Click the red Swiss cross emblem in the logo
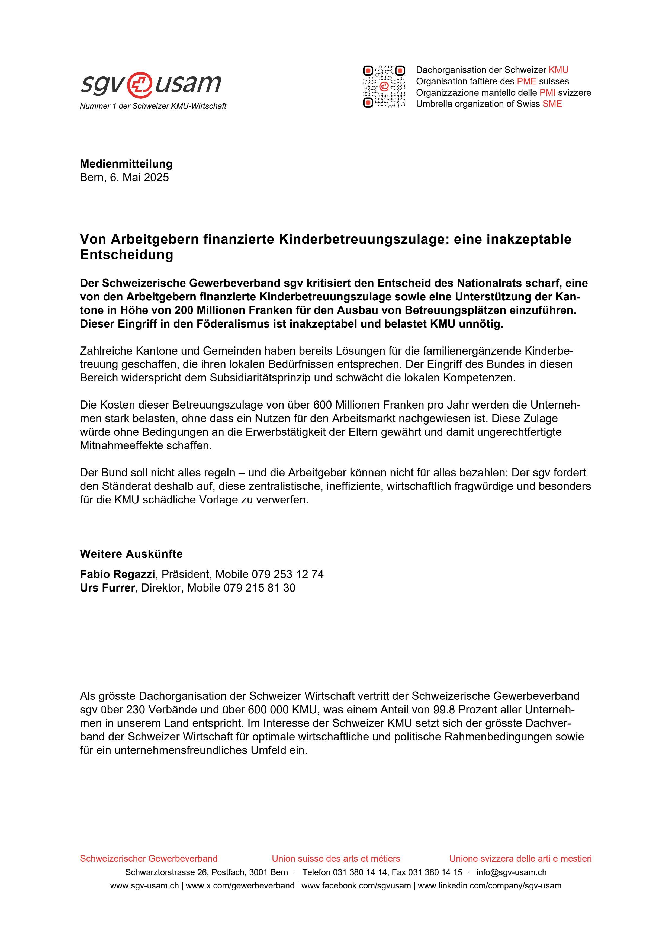tap(140, 84)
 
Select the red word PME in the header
tap(526, 81)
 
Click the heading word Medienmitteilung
tap(126, 164)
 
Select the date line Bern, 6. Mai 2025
tap(124, 178)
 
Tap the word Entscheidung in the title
tap(126, 255)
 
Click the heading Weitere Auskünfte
tap(131, 554)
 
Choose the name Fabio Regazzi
tap(118, 574)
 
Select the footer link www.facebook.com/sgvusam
tap(356, 886)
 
